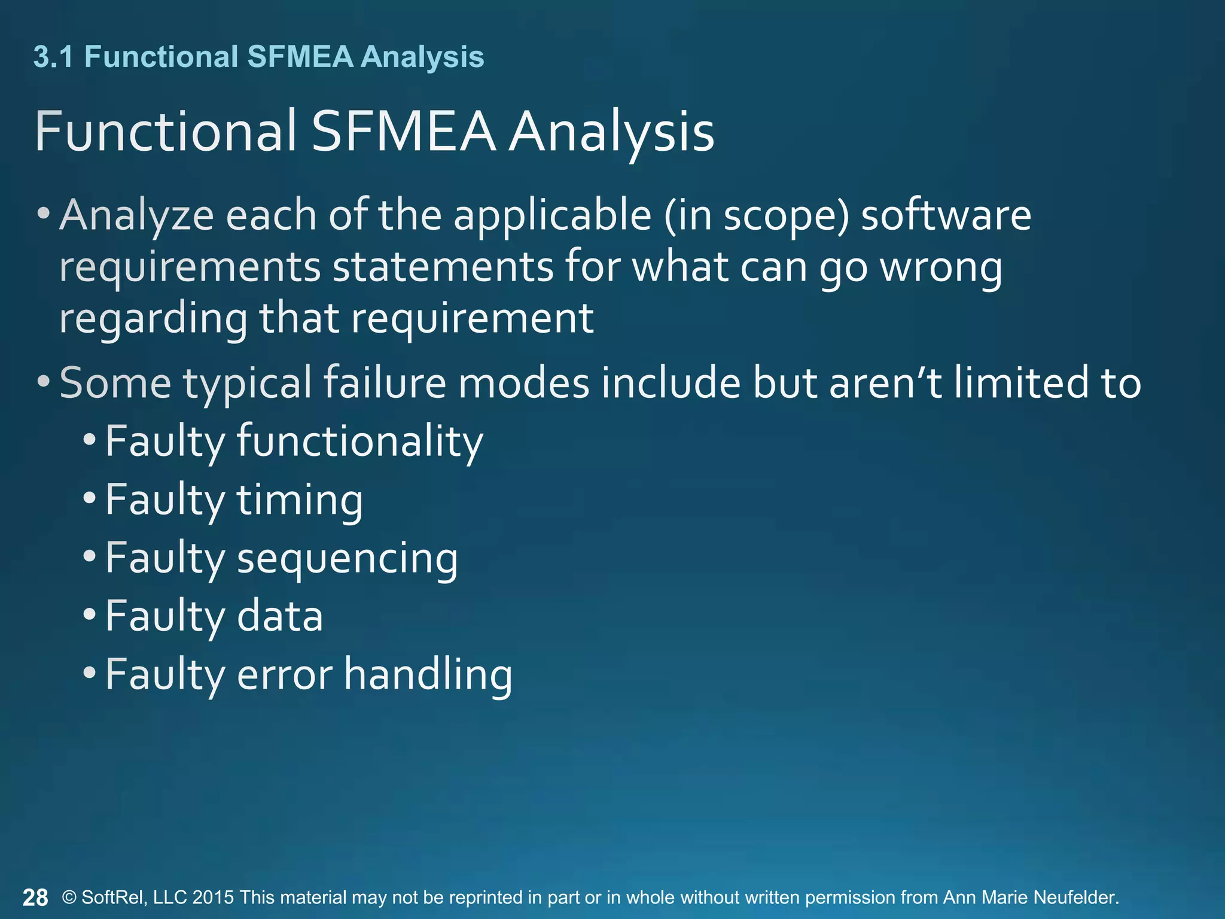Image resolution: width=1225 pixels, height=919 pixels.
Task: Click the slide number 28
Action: coord(35,897)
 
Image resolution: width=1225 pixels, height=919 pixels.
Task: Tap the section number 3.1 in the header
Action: coord(53,57)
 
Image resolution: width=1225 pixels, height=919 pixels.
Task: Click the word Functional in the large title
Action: coord(165,132)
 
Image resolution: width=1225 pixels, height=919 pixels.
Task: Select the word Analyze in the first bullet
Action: coord(136,215)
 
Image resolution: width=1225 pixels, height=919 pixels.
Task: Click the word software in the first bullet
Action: coord(946,215)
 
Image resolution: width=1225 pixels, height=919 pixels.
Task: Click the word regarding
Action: coord(153,319)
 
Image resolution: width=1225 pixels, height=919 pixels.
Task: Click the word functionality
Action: coord(359,442)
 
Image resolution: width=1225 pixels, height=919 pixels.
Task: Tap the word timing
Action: coord(300,500)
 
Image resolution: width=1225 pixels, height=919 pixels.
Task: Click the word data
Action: coord(279,616)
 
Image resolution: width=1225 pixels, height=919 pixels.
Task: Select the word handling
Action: coord(428,674)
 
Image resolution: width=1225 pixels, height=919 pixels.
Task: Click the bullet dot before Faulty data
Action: coord(90,615)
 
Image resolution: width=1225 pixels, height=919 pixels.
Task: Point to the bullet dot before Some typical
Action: coord(43,381)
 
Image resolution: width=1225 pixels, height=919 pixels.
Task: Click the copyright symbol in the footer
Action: coord(69,897)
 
